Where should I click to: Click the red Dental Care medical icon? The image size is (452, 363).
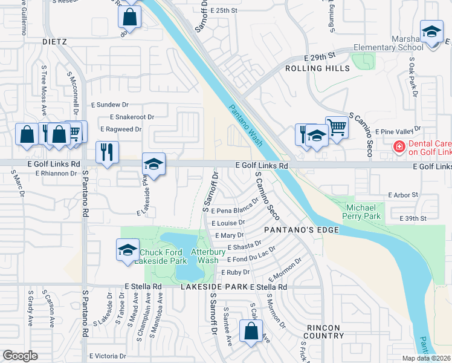[399, 147]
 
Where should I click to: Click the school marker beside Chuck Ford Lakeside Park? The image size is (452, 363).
[128, 250]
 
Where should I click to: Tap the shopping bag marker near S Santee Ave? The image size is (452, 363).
[251, 331]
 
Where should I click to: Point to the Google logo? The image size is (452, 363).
[20, 356]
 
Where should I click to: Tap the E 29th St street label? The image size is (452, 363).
[320, 56]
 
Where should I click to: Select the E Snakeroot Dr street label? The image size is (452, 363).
[132, 117]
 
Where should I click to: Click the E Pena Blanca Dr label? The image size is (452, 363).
[235, 206]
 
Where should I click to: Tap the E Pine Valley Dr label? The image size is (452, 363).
[397, 131]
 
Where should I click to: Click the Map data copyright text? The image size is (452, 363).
[425, 358]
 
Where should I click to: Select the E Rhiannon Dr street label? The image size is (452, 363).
[56, 173]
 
